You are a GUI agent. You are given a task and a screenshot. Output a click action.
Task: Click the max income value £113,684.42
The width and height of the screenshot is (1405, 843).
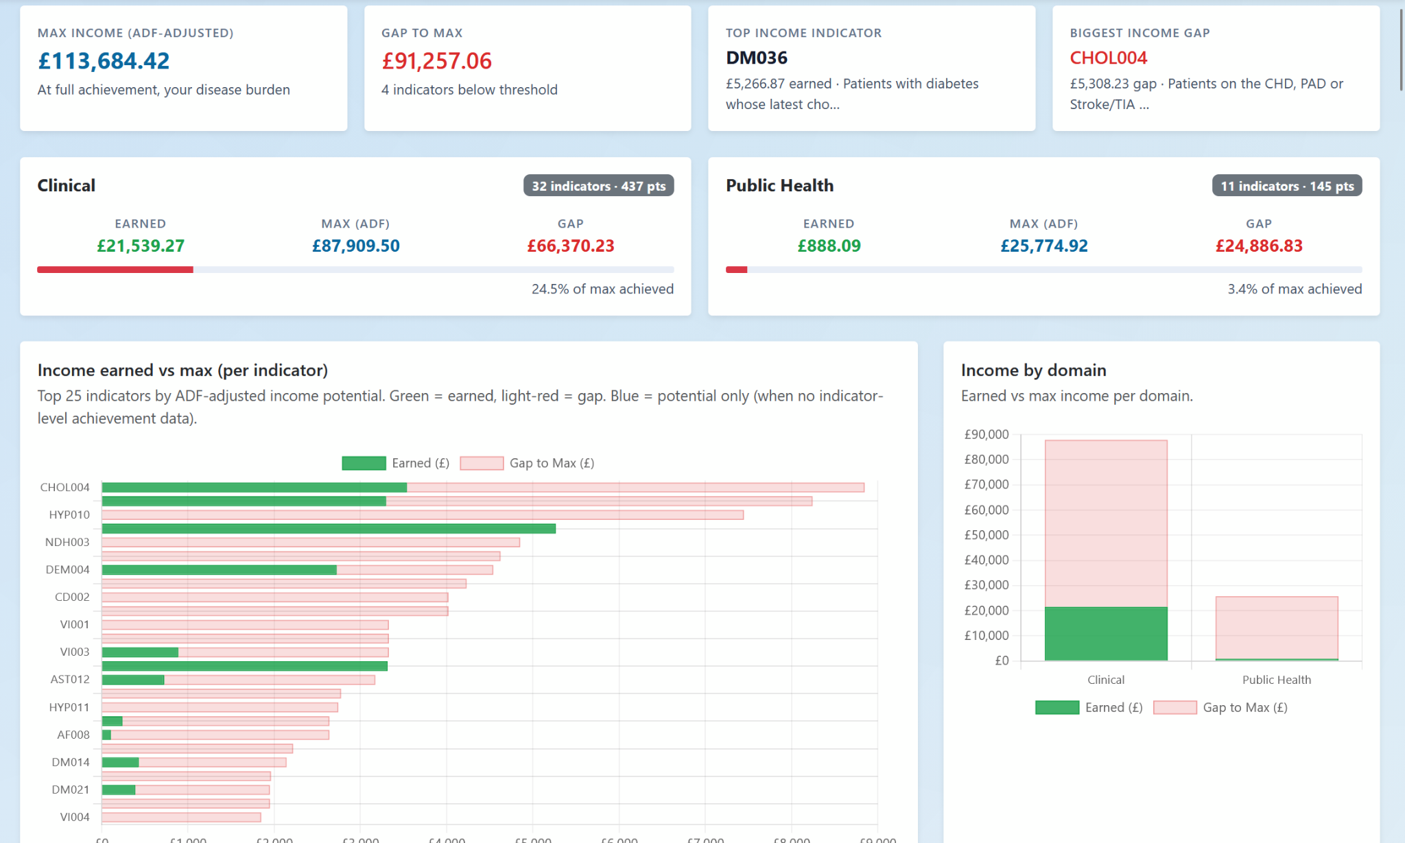pos(104,61)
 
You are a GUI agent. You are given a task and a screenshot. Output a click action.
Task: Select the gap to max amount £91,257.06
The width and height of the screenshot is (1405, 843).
pos(436,61)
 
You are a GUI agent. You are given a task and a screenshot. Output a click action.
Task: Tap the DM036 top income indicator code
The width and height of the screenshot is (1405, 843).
pos(756,58)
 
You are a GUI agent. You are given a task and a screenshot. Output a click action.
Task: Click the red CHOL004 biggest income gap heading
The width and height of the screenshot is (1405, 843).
pos(1108,58)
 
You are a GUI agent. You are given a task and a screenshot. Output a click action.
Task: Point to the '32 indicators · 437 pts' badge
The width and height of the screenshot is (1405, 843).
pos(598,186)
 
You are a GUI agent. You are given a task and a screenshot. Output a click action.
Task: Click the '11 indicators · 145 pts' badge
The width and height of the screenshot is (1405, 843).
pos(1286,186)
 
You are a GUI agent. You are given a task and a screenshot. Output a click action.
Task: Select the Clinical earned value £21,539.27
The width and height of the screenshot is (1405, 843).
pos(141,246)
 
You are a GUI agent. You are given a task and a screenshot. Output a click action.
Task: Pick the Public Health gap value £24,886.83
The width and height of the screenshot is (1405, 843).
pos(1258,246)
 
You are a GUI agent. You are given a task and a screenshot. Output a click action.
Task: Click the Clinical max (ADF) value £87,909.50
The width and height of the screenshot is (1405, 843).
pos(355,246)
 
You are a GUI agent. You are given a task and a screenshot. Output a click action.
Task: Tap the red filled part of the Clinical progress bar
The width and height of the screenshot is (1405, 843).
pos(115,270)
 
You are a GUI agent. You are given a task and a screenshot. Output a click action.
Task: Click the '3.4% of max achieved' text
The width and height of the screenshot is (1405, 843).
pos(1294,289)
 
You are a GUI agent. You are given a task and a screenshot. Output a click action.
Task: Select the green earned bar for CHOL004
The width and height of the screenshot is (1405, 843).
pos(254,487)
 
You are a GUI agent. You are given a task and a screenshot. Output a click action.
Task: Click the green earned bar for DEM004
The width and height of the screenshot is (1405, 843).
pos(219,569)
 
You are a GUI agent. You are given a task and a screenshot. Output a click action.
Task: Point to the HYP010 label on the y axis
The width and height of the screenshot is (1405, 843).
pos(69,514)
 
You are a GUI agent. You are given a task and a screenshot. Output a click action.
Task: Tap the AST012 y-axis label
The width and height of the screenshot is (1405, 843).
pos(70,679)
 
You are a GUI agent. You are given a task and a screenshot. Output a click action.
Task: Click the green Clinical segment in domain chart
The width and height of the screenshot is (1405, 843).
pos(1105,633)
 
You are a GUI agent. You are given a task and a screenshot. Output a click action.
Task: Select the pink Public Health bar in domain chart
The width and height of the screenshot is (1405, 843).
pos(1276,627)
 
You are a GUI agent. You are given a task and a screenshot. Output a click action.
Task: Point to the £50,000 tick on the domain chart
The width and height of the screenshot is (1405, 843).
pos(986,535)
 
